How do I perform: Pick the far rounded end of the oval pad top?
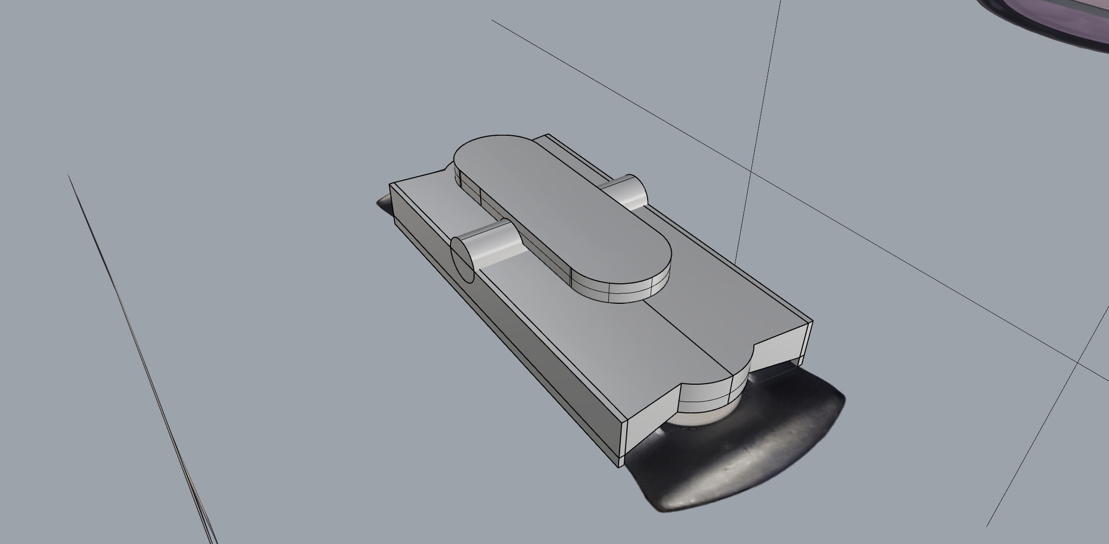coord(487,149)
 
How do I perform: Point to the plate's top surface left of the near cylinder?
coord(425,205)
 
